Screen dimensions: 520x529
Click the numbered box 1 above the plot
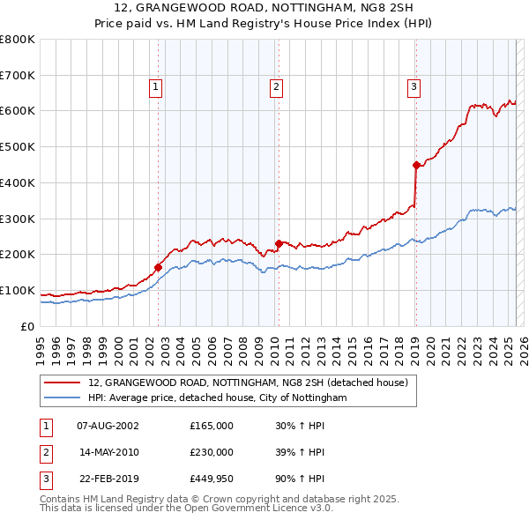[x=155, y=86]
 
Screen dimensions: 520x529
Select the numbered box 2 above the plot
[x=276, y=86]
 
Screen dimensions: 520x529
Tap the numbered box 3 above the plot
[x=414, y=86]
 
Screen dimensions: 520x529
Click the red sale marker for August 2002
[x=159, y=266]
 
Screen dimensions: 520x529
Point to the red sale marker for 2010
[x=279, y=243]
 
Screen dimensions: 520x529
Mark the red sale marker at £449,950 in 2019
[x=416, y=164]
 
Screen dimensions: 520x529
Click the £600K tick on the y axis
[x=18, y=111]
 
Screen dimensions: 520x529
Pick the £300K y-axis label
[x=18, y=219]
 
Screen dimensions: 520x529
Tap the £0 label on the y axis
[x=26, y=326]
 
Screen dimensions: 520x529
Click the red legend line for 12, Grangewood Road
[x=63, y=383]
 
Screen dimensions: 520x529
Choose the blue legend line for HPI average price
[x=63, y=398]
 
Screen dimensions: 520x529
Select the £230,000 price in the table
[x=212, y=452]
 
